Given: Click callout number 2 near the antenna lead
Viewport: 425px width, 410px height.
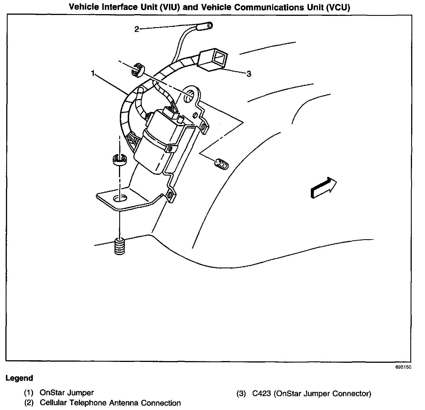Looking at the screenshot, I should pos(137,29).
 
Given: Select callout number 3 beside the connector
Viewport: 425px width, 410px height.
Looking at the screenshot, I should pos(248,74).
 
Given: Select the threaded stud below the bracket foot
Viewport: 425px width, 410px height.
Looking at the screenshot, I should pos(120,247).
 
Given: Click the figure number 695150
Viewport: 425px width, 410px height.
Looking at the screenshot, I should pos(403,367).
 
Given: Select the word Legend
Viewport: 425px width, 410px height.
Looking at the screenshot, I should pos(19,378).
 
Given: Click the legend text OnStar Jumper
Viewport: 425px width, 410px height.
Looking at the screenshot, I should pos(67,393).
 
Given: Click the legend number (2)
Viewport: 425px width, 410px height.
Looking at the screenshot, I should pos(29,403).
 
